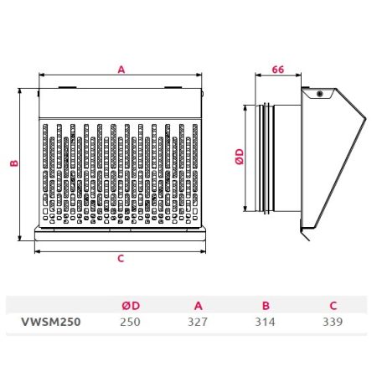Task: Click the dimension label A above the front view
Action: point(121,70)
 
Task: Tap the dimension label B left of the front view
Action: point(14,163)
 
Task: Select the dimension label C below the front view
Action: point(121,259)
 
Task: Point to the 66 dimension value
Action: point(278,70)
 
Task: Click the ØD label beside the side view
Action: point(240,157)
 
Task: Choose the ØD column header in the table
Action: point(131,306)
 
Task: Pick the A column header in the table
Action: point(199,306)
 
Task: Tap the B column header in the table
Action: point(266,306)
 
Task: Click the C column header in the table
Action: point(333,306)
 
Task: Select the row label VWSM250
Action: point(51,322)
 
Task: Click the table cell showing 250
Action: point(131,322)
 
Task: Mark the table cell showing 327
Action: point(198,322)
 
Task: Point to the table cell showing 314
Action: point(265,322)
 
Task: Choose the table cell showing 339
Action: point(333,322)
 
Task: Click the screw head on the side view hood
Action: point(320,94)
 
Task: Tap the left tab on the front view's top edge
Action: point(67,87)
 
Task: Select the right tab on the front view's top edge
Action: point(173,87)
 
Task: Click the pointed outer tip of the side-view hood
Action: point(366,118)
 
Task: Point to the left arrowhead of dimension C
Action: point(37,251)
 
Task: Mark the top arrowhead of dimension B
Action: point(19,90)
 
